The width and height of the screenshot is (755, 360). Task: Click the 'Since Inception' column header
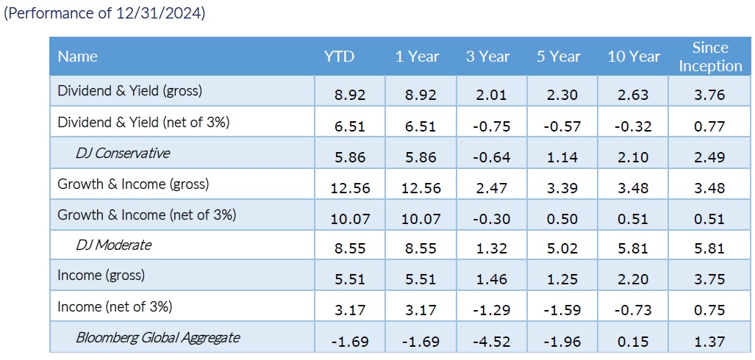click(710, 57)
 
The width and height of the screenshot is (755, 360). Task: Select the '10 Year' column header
click(633, 57)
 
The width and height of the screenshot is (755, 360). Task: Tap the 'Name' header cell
click(77, 57)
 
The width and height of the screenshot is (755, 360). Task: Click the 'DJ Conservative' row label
click(123, 154)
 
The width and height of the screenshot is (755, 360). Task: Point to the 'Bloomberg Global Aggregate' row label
click(157, 337)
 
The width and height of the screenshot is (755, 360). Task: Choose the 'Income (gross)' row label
click(101, 276)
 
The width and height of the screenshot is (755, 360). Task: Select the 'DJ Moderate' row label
click(114, 245)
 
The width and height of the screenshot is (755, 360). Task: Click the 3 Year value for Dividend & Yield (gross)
click(491, 95)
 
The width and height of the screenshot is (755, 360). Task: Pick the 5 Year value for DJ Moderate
click(562, 249)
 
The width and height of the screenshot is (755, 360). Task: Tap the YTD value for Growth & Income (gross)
click(350, 187)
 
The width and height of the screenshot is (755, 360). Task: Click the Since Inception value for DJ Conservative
click(709, 157)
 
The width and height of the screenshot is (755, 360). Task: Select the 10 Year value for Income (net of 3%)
click(632, 311)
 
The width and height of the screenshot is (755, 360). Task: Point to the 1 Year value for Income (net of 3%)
click(421, 311)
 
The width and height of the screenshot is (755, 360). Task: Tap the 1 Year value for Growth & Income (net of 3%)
click(421, 218)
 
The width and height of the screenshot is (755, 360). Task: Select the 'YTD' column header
click(339, 57)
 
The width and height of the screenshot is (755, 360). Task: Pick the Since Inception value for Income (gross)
click(709, 280)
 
